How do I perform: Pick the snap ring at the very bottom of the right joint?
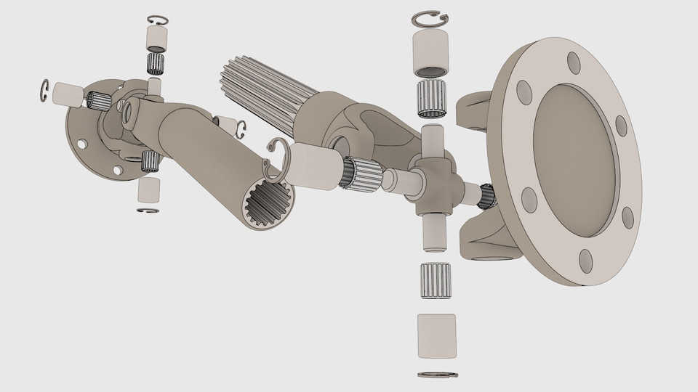438,375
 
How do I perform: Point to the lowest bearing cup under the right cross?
436,335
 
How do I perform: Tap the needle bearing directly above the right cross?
433,100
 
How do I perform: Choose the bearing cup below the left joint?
149,189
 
